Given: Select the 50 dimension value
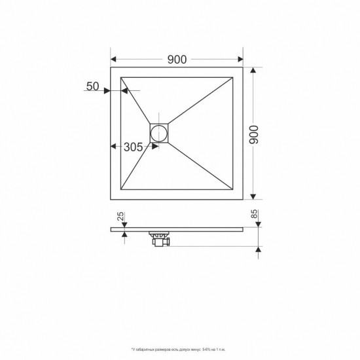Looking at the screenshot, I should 92,86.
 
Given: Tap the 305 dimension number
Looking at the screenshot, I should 134,147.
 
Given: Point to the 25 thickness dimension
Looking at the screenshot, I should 122,215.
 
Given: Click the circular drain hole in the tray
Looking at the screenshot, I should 160,134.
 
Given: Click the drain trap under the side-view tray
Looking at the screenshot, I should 160,240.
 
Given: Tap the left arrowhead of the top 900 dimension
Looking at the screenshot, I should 113,60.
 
